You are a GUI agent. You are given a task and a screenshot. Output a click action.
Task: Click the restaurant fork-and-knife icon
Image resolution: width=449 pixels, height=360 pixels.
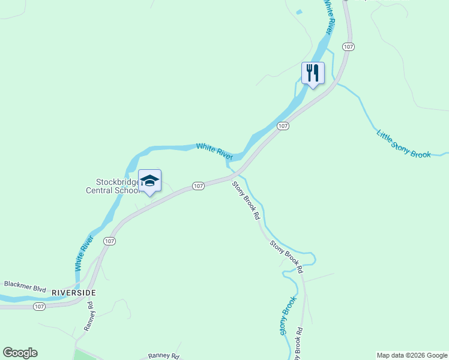[x=313, y=73]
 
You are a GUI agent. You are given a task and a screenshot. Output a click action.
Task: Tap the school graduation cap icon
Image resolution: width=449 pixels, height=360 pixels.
[x=149, y=181]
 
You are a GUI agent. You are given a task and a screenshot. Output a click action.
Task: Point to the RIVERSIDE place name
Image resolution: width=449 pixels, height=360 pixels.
[x=74, y=292]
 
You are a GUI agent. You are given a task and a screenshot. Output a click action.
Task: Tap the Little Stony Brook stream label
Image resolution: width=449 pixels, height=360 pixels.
[x=403, y=144]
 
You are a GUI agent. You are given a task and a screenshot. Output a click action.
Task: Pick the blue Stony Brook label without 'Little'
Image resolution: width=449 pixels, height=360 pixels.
[x=288, y=316]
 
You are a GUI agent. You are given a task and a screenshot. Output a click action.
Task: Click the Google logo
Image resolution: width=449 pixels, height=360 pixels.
[x=20, y=353]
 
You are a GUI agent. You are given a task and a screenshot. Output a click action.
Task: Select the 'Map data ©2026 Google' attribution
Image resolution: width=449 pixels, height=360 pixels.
[x=412, y=355]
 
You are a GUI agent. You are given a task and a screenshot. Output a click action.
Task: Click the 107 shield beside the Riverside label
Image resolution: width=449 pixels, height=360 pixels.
[x=39, y=307]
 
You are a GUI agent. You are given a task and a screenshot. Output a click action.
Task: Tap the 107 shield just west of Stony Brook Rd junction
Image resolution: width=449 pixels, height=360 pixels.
[x=199, y=186]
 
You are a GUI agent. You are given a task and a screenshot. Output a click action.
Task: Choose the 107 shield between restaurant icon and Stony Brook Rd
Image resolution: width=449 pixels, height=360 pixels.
[x=283, y=126]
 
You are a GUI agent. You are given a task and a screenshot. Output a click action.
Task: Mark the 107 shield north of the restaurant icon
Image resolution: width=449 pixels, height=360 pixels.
[x=347, y=47]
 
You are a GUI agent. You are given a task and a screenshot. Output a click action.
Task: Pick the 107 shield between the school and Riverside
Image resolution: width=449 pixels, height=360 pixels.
[x=109, y=241]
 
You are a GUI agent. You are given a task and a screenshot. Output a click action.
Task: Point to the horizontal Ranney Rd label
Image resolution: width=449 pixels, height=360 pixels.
[x=164, y=356]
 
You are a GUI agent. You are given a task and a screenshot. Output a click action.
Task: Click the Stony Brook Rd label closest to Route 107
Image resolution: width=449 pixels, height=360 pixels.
[x=246, y=199]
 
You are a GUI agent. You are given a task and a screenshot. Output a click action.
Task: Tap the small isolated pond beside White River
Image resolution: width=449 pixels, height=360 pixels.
[x=298, y=11]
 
